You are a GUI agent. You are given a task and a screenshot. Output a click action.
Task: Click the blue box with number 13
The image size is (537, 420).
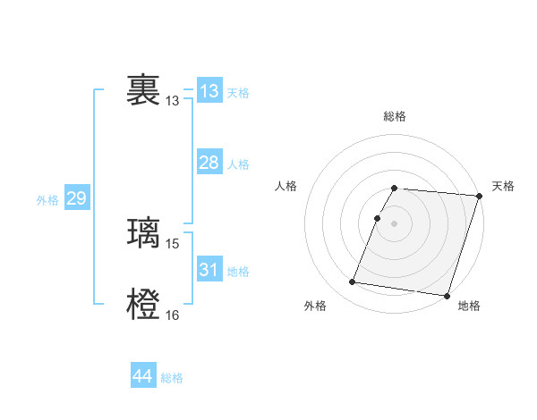click(209, 91)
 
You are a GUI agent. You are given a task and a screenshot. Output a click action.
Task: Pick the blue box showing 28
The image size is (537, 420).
click(209, 163)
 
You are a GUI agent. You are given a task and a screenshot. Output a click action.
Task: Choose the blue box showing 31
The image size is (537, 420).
click(209, 270)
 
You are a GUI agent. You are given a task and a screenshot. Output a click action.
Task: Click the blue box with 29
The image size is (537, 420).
click(77, 198)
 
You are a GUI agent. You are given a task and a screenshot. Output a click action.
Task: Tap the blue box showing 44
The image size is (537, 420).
click(143, 376)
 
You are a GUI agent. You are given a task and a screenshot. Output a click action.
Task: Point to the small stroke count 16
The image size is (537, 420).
click(173, 315)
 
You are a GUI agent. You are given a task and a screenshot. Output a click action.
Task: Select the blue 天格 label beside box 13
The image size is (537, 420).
click(238, 93)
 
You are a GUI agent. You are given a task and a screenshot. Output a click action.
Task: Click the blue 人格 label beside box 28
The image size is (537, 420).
click(238, 164)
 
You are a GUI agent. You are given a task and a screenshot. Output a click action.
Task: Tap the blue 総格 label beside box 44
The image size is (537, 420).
click(172, 378)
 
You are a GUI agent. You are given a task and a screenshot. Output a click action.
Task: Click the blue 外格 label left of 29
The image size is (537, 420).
click(47, 200)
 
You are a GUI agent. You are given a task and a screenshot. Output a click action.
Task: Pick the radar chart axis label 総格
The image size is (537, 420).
click(395, 116)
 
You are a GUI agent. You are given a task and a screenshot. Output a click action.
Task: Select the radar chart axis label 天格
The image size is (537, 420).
click(503, 186)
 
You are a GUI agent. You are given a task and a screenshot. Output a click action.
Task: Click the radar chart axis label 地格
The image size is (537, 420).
click(469, 307)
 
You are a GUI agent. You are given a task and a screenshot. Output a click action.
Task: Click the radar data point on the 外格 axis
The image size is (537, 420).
click(353, 282)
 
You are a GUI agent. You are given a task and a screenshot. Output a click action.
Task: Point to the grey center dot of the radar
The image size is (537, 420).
click(395, 223)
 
